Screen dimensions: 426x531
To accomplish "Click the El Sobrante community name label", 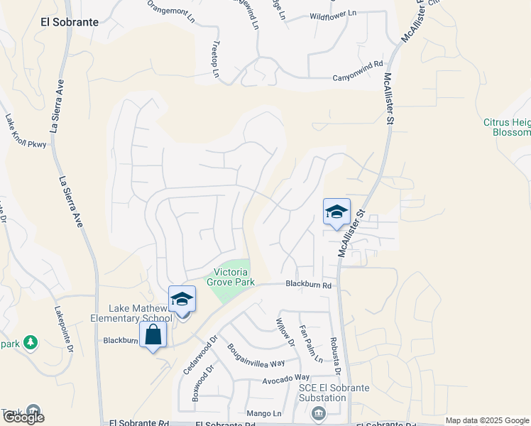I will [x=70, y=22].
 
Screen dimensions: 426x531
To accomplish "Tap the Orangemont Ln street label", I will [x=170, y=13].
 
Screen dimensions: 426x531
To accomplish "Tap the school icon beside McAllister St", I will [x=336, y=212].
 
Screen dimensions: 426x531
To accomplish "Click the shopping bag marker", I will [x=153, y=334].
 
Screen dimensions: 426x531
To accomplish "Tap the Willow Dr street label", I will [x=285, y=332].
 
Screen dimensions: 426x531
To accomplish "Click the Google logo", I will [x=23, y=417].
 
